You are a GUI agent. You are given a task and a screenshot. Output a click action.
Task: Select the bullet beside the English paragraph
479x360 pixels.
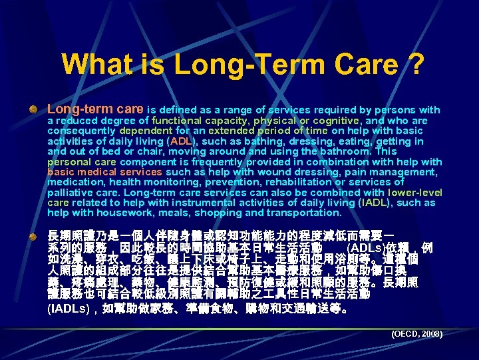click(33, 109)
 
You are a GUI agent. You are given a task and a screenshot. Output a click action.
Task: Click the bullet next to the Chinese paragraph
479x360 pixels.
click(33, 237)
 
